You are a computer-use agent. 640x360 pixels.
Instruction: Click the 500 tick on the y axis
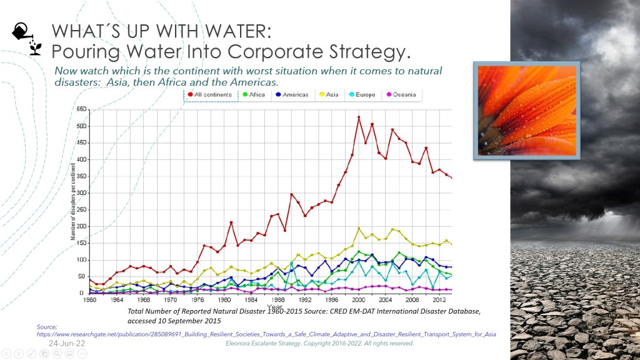81,126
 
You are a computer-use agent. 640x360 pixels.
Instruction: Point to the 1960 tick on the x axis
91,299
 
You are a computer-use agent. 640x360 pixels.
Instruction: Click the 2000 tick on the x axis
358,299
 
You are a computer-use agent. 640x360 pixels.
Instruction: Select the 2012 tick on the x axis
438,299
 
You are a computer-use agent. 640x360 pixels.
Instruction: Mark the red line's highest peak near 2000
359,117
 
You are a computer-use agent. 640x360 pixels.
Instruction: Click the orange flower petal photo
526,109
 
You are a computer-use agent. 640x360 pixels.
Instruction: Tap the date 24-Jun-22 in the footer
64,344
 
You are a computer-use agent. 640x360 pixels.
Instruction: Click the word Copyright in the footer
332,344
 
